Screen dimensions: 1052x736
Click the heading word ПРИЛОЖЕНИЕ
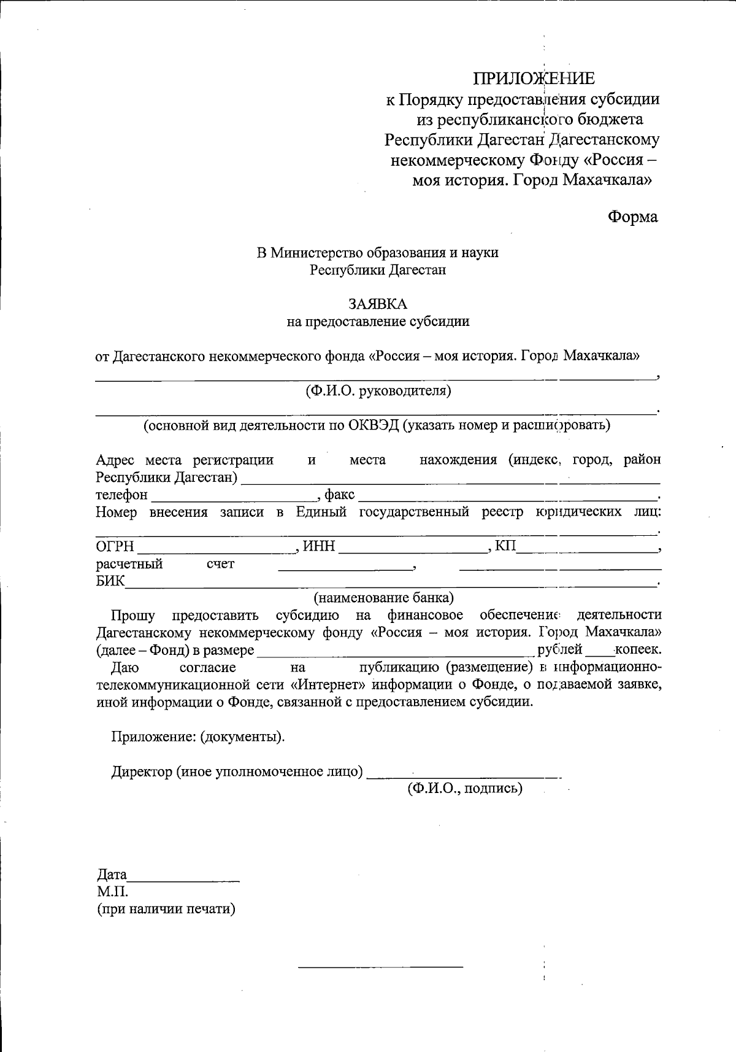pos(534,79)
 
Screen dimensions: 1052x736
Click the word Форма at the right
pos(632,217)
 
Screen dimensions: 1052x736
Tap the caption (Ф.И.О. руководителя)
pos(378,390)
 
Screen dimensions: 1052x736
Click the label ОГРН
pos(115,547)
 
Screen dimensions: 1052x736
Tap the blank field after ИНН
pos(411,549)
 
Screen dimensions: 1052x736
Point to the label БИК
pos(110,581)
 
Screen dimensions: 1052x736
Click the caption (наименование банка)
pos(384,597)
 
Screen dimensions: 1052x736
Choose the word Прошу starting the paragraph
pos(133,615)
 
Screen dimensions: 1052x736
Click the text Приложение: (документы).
pos(197,737)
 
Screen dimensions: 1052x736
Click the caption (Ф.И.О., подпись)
pos(465,789)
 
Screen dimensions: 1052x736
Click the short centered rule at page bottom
pos(380,967)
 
